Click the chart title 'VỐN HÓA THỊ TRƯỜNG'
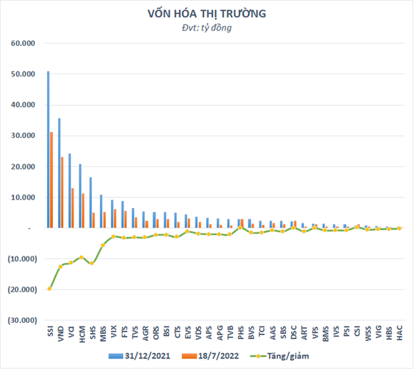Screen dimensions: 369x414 (x=207, y=14)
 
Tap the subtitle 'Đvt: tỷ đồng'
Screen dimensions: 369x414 (x=207, y=28)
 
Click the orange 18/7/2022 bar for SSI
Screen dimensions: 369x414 (x=52, y=180)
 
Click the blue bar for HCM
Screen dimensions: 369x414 (x=80, y=196)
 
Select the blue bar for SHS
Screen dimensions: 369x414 (x=90, y=202)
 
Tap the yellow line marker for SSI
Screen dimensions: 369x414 (x=50, y=289)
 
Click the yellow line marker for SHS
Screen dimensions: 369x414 (x=92, y=263)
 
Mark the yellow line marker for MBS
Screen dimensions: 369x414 (x=103, y=245)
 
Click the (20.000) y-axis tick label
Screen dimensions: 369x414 (x=22, y=289)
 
